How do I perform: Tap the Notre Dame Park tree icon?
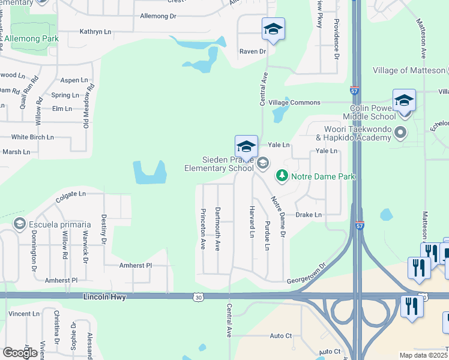281,176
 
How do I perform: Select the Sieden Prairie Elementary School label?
228,164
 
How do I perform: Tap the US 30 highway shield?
198,296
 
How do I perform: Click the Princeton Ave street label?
203,228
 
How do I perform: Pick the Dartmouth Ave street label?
218,228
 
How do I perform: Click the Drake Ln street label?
309,215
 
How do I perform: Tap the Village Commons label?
294,103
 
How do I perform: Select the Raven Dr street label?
252,52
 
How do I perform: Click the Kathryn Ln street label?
95,31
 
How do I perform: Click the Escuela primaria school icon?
19,224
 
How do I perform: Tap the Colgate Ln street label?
71,194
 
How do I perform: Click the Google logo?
20,352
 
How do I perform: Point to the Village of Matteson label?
408,70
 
